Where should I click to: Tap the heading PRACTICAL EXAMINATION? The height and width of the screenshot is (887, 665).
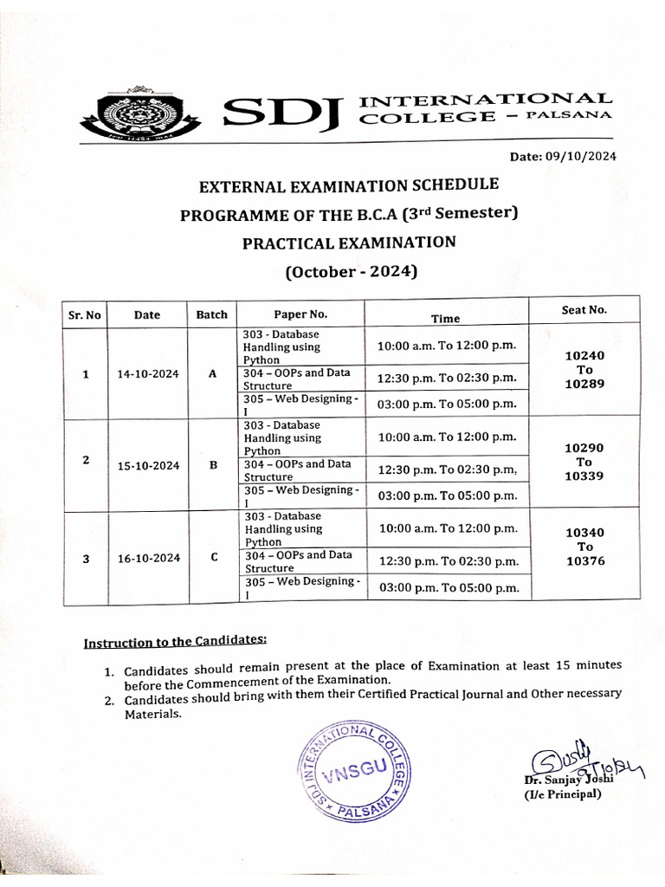point(348,243)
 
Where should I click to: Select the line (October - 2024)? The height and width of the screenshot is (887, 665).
point(351,272)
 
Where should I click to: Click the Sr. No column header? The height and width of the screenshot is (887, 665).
point(84,315)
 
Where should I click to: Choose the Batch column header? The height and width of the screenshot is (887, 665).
point(211,314)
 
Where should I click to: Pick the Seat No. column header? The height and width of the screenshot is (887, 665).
point(584,309)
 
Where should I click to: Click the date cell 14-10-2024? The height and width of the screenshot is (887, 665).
point(148,374)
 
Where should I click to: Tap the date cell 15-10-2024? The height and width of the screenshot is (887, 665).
point(148,465)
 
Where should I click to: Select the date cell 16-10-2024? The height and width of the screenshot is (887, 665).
point(148,558)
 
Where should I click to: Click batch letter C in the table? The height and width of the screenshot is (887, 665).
point(213,557)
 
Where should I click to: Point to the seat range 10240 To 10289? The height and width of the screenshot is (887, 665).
point(584,370)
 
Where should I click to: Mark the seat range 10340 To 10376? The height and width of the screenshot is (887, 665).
point(584,547)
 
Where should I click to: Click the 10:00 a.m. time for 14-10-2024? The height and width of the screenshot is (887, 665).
point(446,346)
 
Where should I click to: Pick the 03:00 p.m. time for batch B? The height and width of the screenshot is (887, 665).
point(448,495)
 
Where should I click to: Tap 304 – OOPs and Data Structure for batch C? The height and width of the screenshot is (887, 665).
point(298,561)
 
